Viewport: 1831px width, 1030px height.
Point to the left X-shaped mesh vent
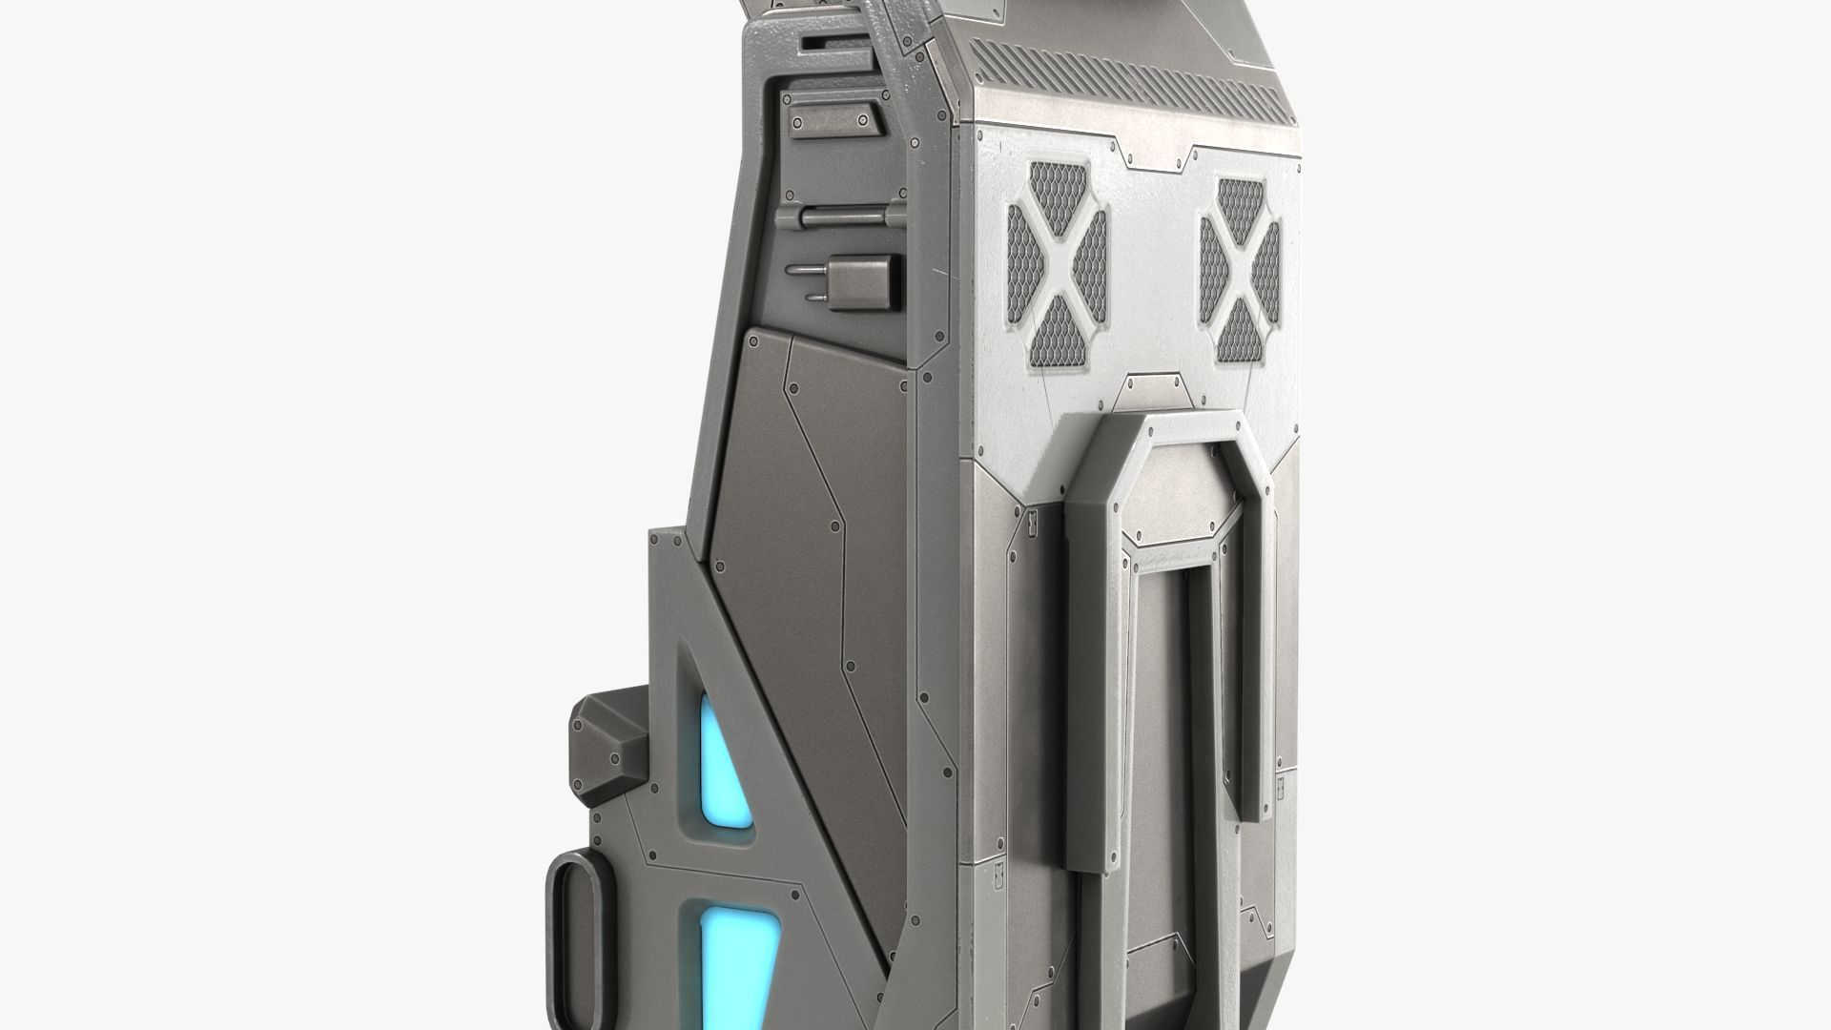point(1057,266)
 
